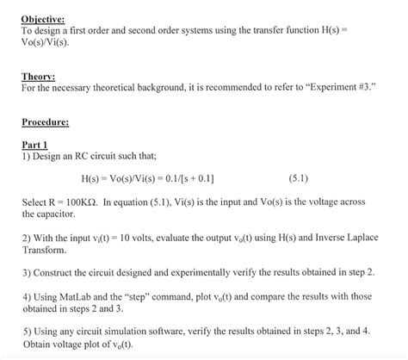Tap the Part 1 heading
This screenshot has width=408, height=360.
tap(35, 144)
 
